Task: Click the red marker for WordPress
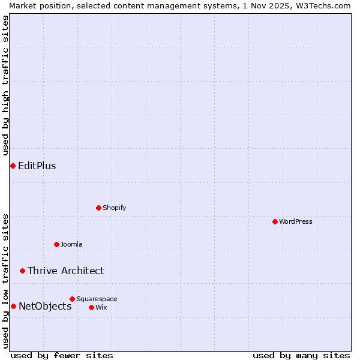275,221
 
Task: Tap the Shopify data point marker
98,208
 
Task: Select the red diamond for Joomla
56,244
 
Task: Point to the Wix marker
91,307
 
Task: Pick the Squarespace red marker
72,299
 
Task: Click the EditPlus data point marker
13,166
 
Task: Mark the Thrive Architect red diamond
22,271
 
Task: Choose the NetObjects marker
13,306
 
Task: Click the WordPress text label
296,221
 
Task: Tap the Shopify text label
115,208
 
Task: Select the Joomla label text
71,244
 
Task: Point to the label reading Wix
101,307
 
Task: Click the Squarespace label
97,299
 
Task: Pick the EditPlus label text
37,166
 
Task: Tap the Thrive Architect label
65,271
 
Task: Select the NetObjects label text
45,306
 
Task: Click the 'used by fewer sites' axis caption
62,355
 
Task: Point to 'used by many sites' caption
301,355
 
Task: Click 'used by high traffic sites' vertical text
6,85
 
